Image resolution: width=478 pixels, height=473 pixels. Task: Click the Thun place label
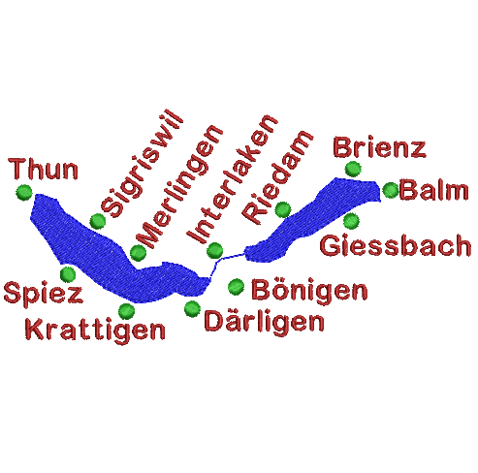(x=44, y=169)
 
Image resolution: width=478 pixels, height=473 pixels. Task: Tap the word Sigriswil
(x=143, y=164)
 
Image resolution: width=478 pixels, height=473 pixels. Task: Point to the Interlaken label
(x=232, y=178)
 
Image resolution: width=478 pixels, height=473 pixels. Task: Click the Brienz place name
(x=380, y=147)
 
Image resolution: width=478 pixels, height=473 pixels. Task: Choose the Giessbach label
(x=396, y=246)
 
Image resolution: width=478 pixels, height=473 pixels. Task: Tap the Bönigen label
(x=309, y=290)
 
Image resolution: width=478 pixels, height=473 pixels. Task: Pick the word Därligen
(x=264, y=321)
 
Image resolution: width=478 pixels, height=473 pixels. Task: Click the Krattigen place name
(x=95, y=330)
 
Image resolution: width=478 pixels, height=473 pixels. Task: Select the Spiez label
(x=44, y=293)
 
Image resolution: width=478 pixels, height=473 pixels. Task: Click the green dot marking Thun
(x=24, y=192)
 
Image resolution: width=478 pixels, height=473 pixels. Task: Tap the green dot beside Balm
(x=391, y=190)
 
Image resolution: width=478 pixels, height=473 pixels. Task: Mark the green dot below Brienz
(x=353, y=169)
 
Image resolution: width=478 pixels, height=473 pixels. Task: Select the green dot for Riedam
(x=283, y=210)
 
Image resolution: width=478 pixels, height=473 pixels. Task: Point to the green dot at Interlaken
(x=214, y=250)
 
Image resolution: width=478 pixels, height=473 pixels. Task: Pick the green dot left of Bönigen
(x=237, y=287)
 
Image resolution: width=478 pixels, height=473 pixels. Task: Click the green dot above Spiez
(x=68, y=274)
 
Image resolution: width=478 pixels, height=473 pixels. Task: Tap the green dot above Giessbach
(x=351, y=221)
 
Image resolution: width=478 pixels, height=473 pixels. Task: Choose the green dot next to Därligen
(x=192, y=309)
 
